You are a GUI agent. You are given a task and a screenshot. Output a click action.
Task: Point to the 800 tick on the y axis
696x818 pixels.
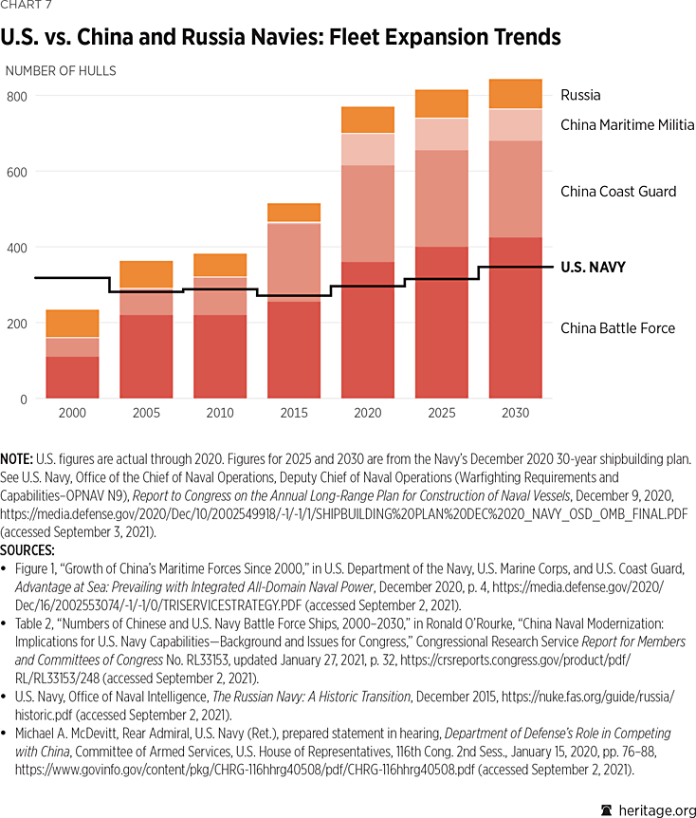[18, 96]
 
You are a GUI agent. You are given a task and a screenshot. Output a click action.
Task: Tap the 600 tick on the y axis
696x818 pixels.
[18, 172]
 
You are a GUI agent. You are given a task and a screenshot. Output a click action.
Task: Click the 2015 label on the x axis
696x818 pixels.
[294, 414]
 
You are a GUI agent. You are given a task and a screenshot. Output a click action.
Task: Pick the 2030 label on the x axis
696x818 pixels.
[515, 414]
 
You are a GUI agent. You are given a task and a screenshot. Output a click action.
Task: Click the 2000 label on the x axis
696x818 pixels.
[72, 414]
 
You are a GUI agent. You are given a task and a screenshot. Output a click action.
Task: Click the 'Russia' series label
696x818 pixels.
[580, 95]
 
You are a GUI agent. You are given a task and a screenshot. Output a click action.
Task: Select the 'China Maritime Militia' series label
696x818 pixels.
[627, 125]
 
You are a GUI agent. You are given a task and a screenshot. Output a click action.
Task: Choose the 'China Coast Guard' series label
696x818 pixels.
[618, 192]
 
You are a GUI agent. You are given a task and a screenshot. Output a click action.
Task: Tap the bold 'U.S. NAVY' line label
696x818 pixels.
[593, 268]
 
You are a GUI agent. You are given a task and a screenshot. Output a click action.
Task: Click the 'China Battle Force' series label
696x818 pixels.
[617, 328]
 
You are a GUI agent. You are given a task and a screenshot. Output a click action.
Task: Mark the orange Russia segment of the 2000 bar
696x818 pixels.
[72, 324]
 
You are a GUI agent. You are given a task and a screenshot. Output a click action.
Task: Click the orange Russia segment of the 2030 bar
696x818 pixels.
[515, 94]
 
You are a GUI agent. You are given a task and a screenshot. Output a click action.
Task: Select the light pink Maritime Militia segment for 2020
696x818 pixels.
[367, 149]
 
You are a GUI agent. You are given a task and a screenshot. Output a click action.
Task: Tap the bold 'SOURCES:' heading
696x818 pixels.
[32, 549]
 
